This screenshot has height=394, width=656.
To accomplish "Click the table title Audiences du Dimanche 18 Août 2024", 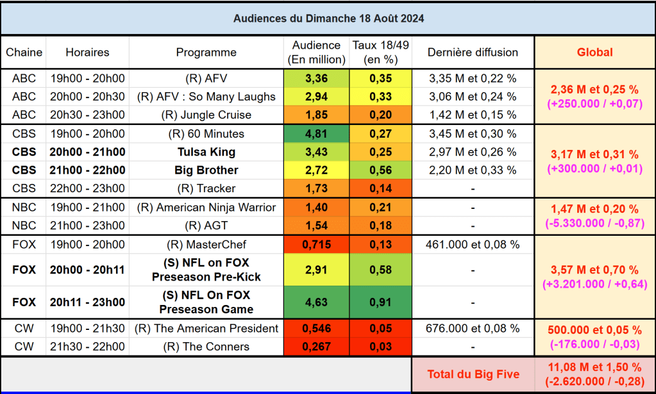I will coord(328,18).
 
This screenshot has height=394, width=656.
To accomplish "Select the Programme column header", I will coord(206,53).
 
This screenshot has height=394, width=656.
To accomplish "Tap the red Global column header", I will coord(594,53).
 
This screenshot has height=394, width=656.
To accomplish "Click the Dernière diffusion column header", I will coord(473,53).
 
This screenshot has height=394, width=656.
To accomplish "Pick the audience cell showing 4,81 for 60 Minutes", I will coord(315,134).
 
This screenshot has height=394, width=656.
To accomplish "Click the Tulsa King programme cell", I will coord(206,152).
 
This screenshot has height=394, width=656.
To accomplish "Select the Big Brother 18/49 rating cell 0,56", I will coord(381,170).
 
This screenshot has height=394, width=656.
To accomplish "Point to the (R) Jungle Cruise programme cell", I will coord(206,115).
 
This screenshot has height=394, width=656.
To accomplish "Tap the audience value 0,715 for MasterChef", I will coord(315,245).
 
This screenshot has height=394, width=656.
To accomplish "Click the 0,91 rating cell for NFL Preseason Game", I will coord(381,302).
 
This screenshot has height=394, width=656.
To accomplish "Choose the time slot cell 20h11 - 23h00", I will coord(87,302).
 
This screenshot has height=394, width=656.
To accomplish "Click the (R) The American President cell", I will coord(206,329).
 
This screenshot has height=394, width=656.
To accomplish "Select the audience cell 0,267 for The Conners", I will coord(315,347).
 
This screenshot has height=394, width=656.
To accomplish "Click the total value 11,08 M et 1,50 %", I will coord(594,367).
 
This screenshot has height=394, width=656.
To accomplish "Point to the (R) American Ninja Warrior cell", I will coord(206,208).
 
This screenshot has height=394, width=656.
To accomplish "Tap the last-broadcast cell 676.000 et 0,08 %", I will coord(473,329).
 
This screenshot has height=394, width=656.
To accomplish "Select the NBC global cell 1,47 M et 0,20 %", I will coord(594,209).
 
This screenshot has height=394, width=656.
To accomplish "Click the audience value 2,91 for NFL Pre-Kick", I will coord(315,270).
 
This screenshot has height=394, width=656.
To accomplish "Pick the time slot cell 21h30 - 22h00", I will coord(87,347).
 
